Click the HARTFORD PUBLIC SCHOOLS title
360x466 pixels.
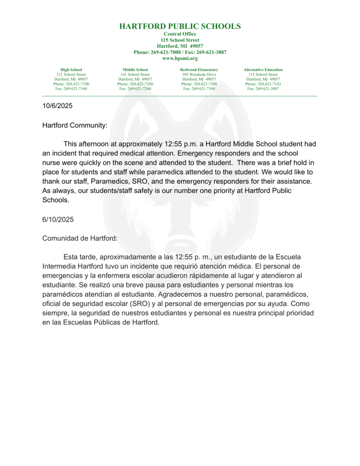coord(180,26)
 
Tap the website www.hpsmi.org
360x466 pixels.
coord(180,58)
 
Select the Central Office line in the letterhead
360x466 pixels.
coord(180,34)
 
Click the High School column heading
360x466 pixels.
coord(71,70)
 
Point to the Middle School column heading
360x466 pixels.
coord(135,70)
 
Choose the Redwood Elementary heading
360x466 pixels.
coord(199,70)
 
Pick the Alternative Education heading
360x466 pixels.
coord(263,70)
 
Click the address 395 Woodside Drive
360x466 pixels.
coord(199,75)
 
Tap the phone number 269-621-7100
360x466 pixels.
coord(77,84)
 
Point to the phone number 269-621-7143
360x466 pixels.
coord(269,84)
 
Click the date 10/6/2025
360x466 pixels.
coord(57,106)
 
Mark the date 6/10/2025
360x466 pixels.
coord(57,219)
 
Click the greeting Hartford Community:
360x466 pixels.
coord(75,125)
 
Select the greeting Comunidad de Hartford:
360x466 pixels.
coord(80,238)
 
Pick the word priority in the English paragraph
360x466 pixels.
coord(215,190)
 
